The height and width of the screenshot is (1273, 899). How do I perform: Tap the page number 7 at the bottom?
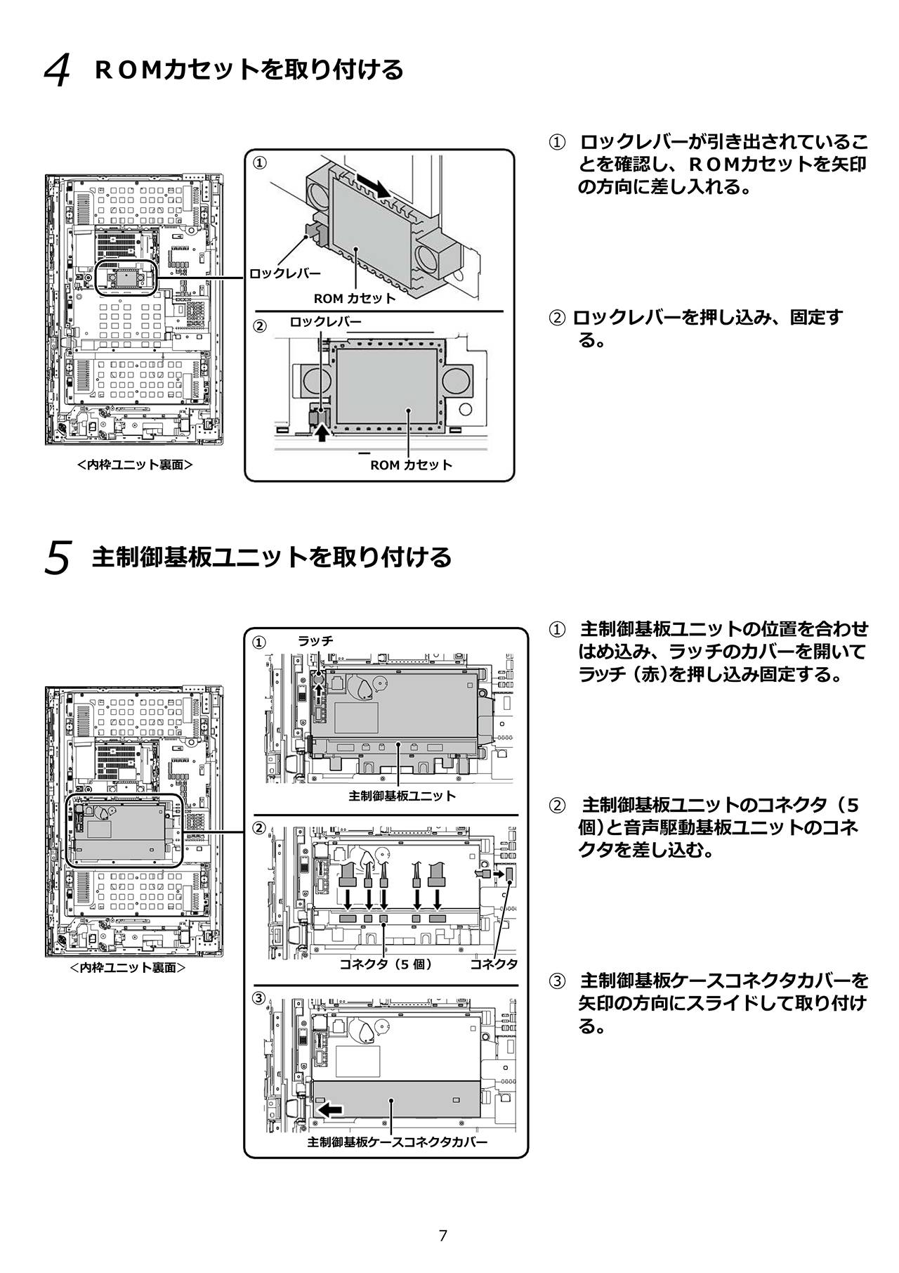(x=442, y=1236)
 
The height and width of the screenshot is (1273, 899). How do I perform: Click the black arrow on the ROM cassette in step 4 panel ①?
(x=373, y=186)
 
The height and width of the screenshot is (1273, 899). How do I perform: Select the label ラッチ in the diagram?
(x=315, y=640)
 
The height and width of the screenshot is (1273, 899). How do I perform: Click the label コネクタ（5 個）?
(x=386, y=964)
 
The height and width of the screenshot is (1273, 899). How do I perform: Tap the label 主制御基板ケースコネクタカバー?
(x=397, y=1142)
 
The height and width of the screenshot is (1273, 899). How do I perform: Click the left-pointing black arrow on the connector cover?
(x=330, y=1109)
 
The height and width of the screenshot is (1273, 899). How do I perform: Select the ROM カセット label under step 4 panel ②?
(x=411, y=465)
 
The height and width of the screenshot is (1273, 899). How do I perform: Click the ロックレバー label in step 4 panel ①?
(x=285, y=273)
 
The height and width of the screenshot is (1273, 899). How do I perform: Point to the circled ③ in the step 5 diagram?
(x=260, y=997)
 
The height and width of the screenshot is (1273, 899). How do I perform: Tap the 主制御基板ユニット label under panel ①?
(x=402, y=796)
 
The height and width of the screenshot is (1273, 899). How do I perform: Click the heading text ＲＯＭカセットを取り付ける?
(x=249, y=69)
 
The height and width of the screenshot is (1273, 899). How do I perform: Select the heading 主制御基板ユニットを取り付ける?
(x=272, y=557)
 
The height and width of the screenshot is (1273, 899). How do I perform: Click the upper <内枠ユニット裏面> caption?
(x=135, y=465)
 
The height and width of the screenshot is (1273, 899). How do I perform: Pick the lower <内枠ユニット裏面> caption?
(x=128, y=967)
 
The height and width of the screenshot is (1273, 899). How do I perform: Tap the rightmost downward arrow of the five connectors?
(x=438, y=895)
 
